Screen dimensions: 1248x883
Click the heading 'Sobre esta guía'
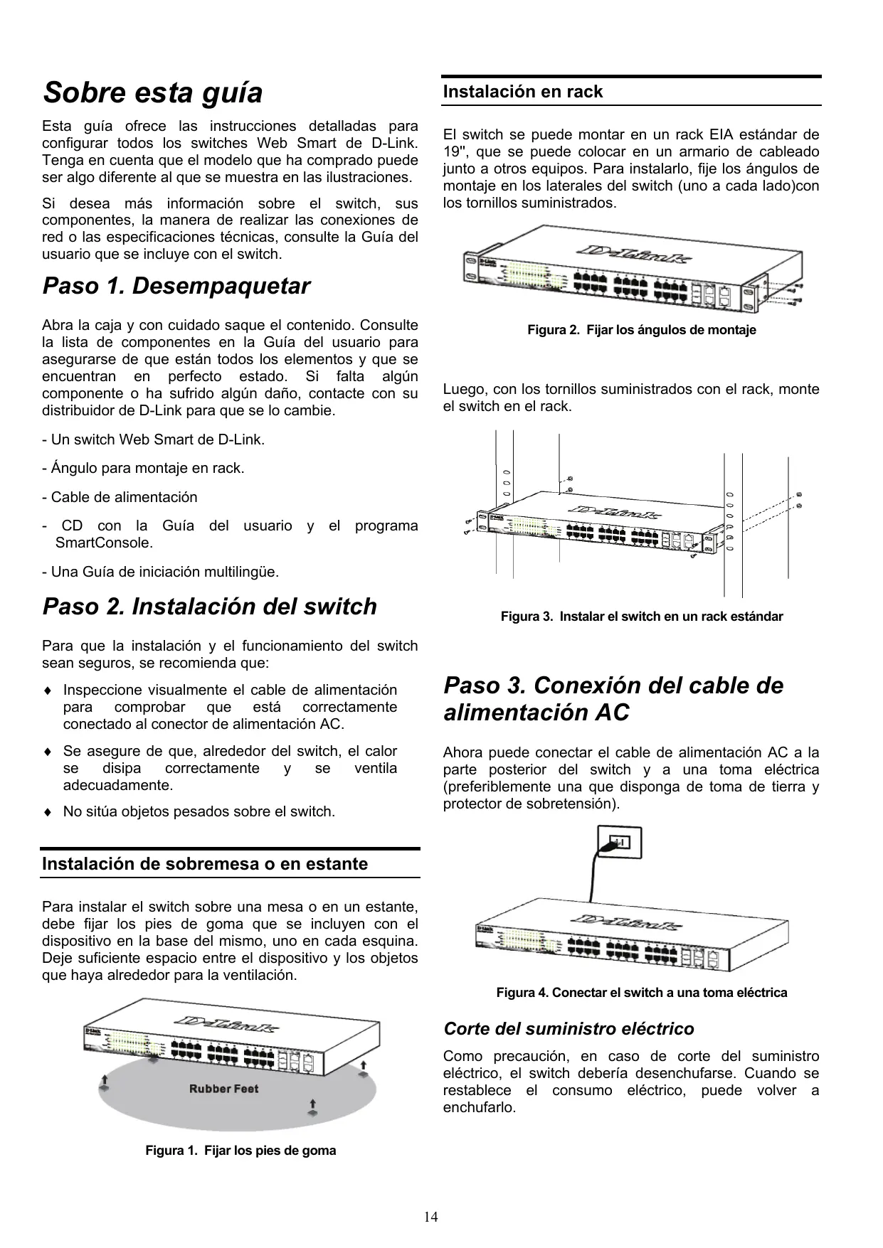click(x=152, y=93)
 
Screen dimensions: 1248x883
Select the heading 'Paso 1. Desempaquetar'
click(x=176, y=287)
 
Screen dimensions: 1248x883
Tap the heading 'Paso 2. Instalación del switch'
click(x=210, y=607)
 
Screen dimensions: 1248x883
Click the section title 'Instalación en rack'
click(x=523, y=92)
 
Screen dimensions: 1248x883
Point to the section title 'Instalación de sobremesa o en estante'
click(x=205, y=864)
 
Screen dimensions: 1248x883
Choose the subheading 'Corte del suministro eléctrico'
click(x=569, y=1029)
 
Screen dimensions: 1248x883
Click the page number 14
click(x=431, y=1216)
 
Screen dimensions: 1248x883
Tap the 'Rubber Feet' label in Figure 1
click(x=223, y=1089)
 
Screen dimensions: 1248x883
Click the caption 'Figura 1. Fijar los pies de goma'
click(x=240, y=1151)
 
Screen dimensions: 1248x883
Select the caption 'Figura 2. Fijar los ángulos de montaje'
click(x=641, y=330)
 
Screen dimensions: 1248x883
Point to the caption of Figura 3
click(x=641, y=617)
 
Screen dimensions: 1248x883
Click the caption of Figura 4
click(x=641, y=993)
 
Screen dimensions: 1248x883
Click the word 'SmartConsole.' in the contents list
click(x=104, y=543)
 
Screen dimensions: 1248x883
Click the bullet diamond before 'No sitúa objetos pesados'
click(x=47, y=812)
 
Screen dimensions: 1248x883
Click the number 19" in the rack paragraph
click(x=452, y=152)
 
